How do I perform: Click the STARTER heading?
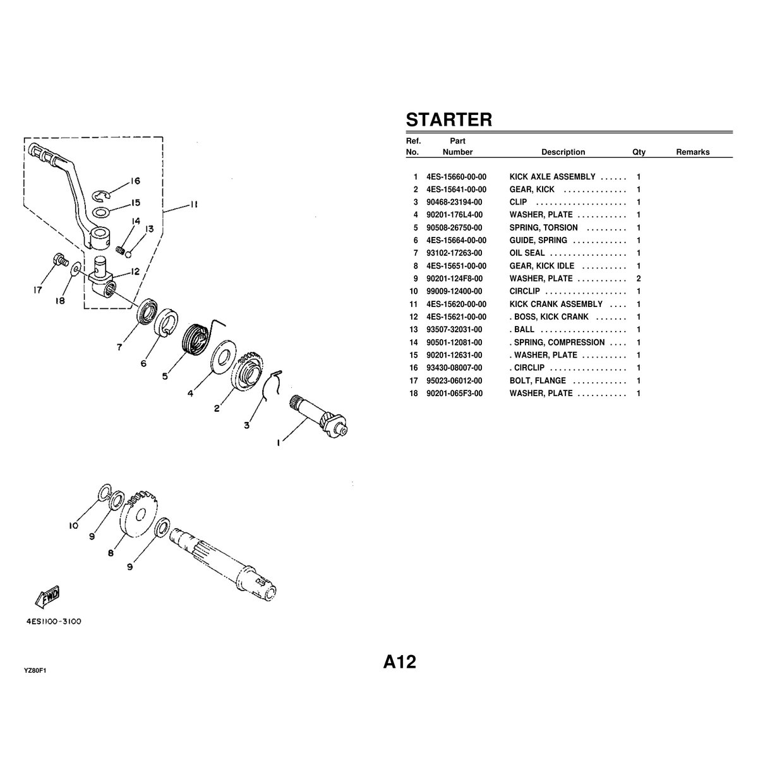pos(448,119)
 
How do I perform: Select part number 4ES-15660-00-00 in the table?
pos(456,177)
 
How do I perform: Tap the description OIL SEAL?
pos(527,253)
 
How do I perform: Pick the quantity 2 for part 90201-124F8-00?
pos(639,279)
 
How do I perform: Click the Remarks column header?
pos(692,152)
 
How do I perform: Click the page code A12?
pos(399,662)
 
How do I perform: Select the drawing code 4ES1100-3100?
pos(54,622)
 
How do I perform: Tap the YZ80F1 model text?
pos(35,671)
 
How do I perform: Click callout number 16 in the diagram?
pos(135,181)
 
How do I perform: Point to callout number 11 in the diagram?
pos(194,205)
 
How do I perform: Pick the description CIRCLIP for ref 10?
pos(524,291)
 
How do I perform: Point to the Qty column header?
pos(639,152)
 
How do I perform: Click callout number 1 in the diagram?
pos(278,443)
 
